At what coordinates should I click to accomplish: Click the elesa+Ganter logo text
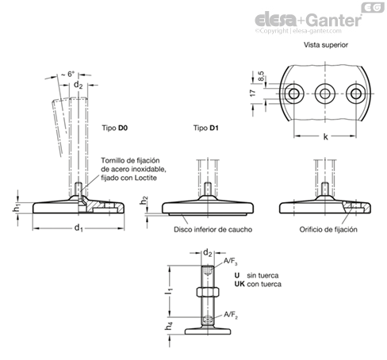click(x=308, y=20)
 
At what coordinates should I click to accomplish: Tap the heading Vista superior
click(x=326, y=45)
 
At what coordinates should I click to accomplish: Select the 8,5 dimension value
click(x=261, y=76)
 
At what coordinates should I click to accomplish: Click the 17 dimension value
click(x=253, y=93)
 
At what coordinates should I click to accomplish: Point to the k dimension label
click(x=326, y=136)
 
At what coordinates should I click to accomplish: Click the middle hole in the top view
click(x=325, y=94)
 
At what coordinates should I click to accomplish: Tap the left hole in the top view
click(x=293, y=94)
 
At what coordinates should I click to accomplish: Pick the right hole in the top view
click(x=356, y=94)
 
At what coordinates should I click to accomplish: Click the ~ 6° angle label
click(x=68, y=74)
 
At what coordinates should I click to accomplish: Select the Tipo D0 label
click(x=115, y=128)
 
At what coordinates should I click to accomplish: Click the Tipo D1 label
click(x=206, y=128)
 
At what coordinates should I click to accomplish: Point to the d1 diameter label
click(x=79, y=228)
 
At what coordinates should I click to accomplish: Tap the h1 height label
click(x=17, y=208)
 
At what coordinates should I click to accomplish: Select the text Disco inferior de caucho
click(x=213, y=229)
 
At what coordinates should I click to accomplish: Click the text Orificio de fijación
click(x=328, y=229)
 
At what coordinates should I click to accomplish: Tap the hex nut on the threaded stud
click(x=208, y=292)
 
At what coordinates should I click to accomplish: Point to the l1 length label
click(x=169, y=291)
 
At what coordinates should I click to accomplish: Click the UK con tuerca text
click(x=258, y=284)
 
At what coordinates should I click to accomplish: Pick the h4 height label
click(x=169, y=326)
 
